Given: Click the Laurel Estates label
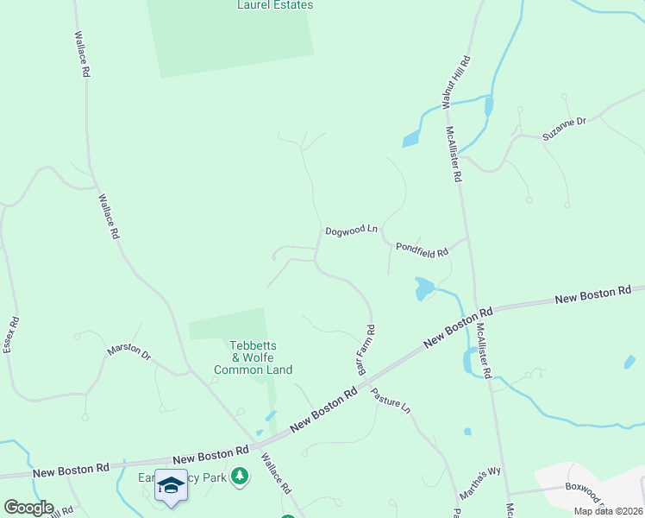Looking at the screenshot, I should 275,5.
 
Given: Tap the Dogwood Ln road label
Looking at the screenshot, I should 352,231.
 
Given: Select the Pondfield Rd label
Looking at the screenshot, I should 422,250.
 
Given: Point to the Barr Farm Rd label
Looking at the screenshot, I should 366,349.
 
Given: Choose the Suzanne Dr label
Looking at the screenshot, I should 564,129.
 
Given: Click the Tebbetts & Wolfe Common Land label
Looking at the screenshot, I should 253,357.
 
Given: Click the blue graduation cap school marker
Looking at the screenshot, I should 171,485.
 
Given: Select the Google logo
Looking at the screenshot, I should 28,508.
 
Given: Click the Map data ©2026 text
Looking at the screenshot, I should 607,511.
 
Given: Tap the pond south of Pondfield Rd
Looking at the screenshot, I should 423,288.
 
